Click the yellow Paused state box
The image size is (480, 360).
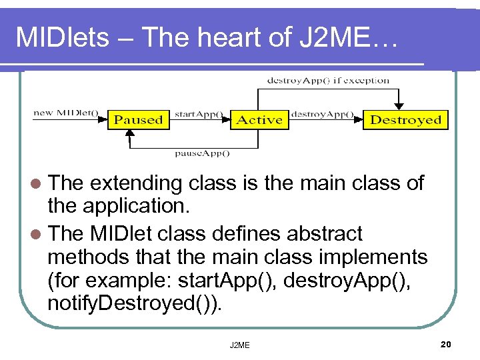click(x=139, y=121)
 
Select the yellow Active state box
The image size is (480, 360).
click(x=260, y=121)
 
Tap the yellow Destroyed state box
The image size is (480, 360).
click(x=405, y=121)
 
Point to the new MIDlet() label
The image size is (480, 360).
click(x=65, y=113)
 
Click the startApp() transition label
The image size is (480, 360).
click(x=199, y=113)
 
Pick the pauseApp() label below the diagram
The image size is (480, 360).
click(x=202, y=153)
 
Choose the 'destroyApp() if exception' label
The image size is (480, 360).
click(x=328, y=81)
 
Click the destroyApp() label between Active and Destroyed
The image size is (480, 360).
click(x=322, y=113)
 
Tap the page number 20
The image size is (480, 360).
click(x=446, y=343)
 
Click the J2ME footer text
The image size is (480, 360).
click(x=239, y=345)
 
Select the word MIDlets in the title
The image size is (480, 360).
click(x=62, y=37)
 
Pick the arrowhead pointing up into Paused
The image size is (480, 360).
click(x=129, y=134)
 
